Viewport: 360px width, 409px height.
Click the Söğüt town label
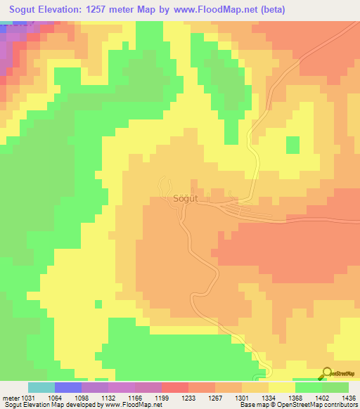(x=186, y=199)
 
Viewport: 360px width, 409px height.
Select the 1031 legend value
(x=28, y=397)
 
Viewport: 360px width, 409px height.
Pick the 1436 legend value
(x=348, y=397)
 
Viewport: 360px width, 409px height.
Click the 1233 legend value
(x=188, y=397)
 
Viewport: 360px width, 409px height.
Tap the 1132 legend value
(x=108, y=397)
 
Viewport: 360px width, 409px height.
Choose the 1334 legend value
(x=268, y=397)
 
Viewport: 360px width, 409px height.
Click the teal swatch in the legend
(x=41, y=387)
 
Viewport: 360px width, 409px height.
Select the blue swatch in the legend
(x=67, y=387)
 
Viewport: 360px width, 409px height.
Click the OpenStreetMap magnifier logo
(x=327, y=373)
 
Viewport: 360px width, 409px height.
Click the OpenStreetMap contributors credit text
(x=317, y=405)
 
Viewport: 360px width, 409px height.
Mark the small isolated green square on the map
(x=292, y=145)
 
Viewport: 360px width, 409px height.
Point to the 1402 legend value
(x=321, y=397)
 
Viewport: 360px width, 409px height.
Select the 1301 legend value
(x=241, y=397)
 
